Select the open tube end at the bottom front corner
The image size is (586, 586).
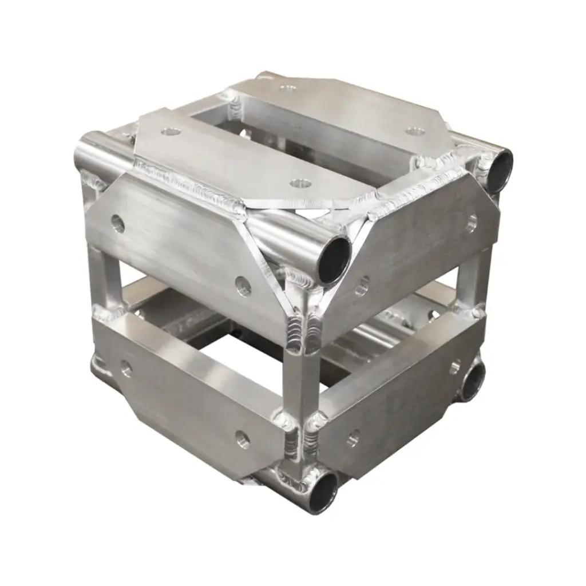[324, 491]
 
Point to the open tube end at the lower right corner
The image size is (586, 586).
[472, 382]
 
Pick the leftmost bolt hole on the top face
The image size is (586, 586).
[170, 132]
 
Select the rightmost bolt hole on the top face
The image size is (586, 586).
[415, 131]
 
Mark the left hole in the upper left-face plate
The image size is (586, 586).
[118, 224]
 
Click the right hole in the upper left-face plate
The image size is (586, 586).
[243, 286]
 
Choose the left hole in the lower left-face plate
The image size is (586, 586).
[125, 369]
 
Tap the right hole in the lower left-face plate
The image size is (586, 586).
[243, 439]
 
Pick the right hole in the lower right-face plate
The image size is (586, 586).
[456, 366]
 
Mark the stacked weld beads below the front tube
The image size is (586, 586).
[302, 330]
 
